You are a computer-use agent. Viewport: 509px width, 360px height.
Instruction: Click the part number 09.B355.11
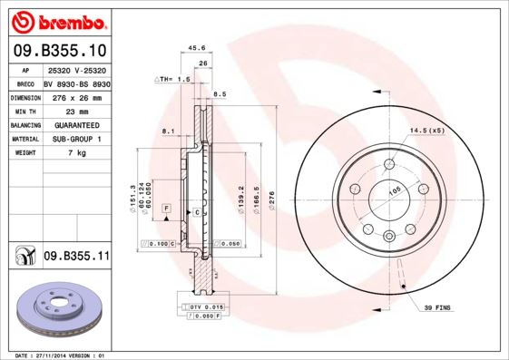tap(76, 257)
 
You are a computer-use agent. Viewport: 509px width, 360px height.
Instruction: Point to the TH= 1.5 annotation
tap(172, 80)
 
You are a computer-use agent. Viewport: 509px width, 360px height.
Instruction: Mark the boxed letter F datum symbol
tap(167, 209)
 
